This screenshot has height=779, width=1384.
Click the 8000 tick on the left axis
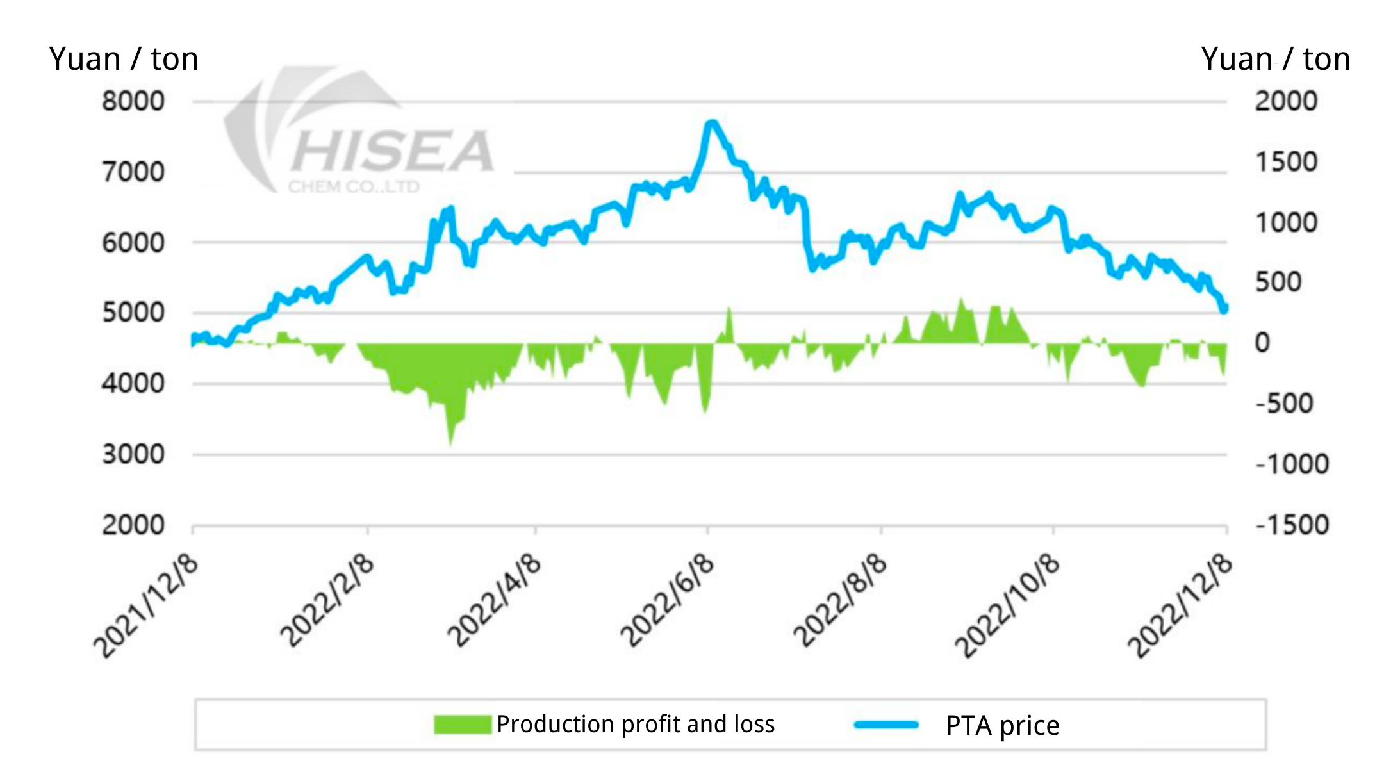pos(133,101)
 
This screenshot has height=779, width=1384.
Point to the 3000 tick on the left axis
pos(133,454)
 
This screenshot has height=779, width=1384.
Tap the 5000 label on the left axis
pos(133,313)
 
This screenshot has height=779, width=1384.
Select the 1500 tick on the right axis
pos(1286,162)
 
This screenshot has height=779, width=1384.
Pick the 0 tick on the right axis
pos(1262,343)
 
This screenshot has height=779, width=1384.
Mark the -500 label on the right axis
pos(1285,404)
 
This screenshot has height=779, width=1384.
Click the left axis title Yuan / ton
pos(124,60)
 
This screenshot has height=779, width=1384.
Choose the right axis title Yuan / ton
pos(1276,60)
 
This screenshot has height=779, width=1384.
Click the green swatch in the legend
pos(463,725)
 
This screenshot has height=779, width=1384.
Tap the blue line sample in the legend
pos(886,725)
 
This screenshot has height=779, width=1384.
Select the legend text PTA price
pos(1002,726)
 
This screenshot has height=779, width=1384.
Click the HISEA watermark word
pos(393,151)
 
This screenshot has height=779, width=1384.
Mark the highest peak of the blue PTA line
pos(711,122)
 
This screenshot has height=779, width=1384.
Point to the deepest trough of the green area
pos(451,443)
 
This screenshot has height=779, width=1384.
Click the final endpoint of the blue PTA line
pos(1224,309)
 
